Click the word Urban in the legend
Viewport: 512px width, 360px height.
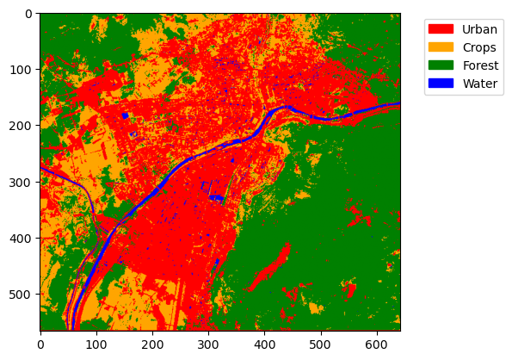(x=479, y=28)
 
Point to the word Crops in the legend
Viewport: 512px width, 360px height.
(x=479, y=47)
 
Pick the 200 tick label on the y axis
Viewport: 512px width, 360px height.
(x=22, y=126)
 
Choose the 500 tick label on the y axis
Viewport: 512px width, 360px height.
(x=22, y=295)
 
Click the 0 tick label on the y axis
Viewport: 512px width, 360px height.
(x=28, y=14)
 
